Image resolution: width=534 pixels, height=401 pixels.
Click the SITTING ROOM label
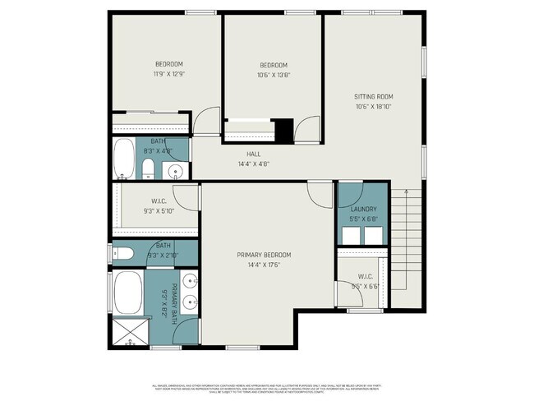[373, 96]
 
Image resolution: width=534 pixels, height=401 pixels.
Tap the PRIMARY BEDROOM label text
[264, 255]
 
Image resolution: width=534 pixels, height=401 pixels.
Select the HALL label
[254, 154]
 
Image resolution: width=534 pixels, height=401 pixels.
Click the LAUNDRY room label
[362, 210]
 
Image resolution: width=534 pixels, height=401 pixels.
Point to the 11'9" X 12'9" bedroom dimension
[168, 74]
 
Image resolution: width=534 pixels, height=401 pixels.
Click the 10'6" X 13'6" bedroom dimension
[274, 75]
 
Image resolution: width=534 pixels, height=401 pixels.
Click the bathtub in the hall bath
[123, 159]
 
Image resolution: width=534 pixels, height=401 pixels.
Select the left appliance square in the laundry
[351, 234]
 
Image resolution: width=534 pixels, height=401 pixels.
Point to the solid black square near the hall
[284, 130]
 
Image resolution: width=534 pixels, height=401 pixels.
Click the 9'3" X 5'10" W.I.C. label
[159, 206]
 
